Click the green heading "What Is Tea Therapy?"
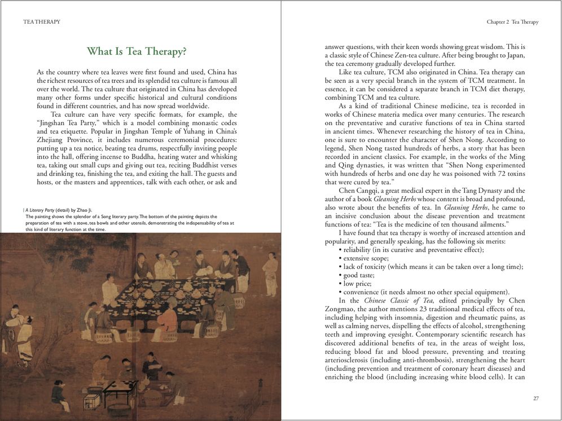click(137, 52)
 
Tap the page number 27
click(535, 398)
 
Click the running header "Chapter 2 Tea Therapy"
click(512, 22)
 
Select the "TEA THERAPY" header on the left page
click(42, 22)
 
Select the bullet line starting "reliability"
click(411, 250)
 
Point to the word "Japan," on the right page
click(515, 55)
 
